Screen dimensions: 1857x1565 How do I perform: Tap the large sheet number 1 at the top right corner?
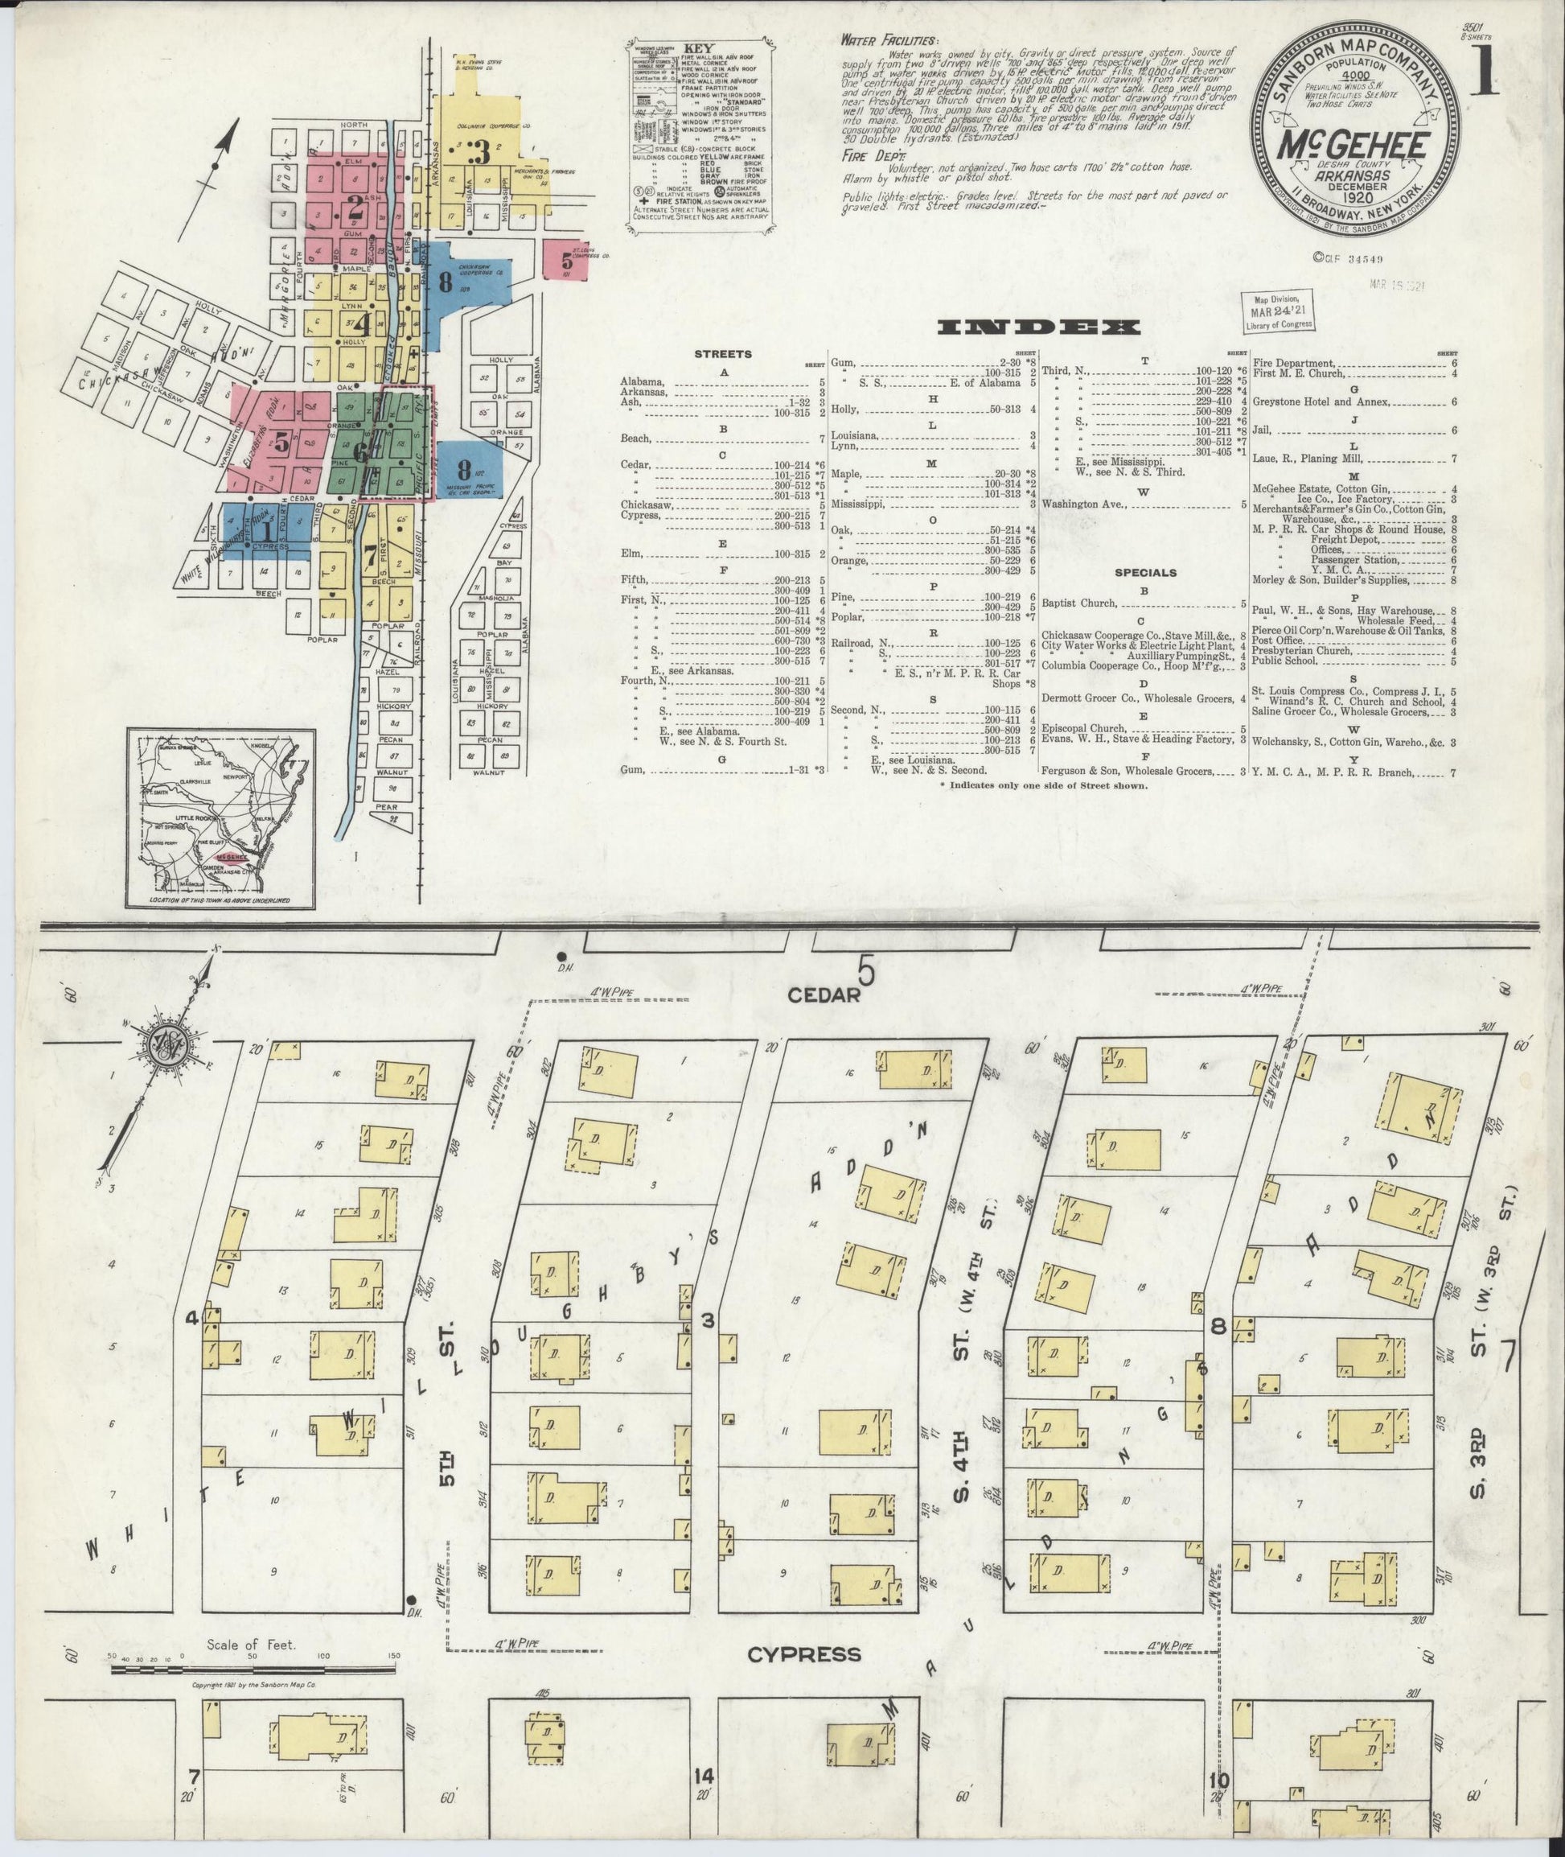pyautogui.click(x=1481, y=72)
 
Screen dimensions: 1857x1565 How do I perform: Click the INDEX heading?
pyautogui.click(x=1039, y=327)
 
